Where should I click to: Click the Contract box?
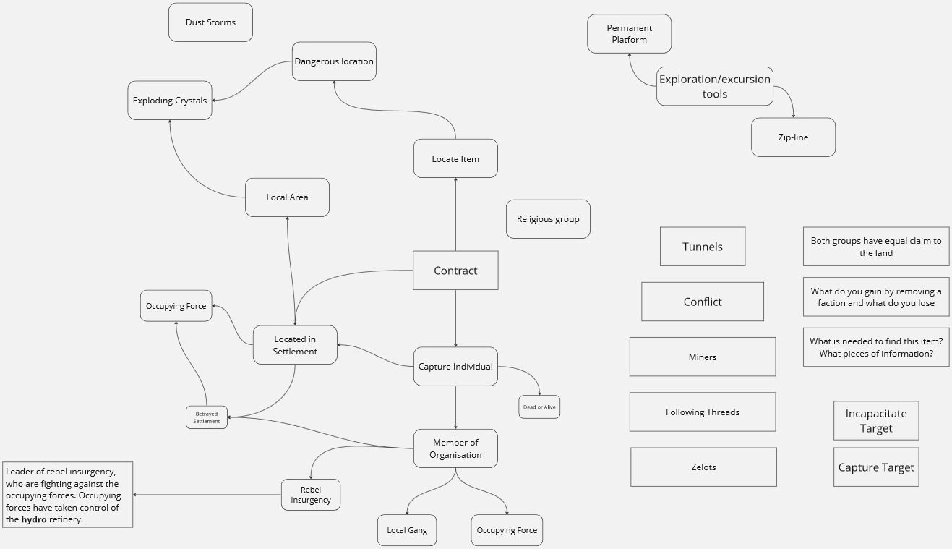point(455,271)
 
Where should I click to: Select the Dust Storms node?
point(210,22)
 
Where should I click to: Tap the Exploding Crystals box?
point(170,101)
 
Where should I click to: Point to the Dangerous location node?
point(334,61)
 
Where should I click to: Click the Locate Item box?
point(455,158)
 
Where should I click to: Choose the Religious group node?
point(548,219)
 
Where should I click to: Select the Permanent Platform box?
point(629,34)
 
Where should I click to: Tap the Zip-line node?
point(793,137)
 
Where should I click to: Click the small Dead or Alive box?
point(539,407)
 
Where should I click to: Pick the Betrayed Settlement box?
point(207,417)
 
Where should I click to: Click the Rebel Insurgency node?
point(311,495)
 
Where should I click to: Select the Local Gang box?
point(407,530)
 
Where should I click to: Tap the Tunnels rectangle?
point(703,247)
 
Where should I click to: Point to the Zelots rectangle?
point(703,467)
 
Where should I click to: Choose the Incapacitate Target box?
point(876,421)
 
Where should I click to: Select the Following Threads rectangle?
point(703,412)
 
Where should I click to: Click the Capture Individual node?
point(455,367)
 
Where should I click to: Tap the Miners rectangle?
point(703,357)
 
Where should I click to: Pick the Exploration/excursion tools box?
point(715,86)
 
